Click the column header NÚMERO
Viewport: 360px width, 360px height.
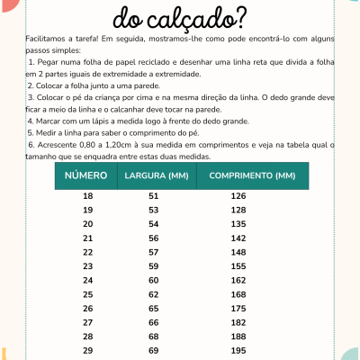pyautogui.click(x=87, y=175)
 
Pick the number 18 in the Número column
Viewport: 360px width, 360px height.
pyautogui.click(x=87, y=196)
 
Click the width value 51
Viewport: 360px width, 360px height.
pyautogui.click(x=153, y=196)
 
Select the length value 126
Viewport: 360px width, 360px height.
pyautogui.click(x=238, y=196)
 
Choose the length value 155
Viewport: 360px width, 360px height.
pyautogui.click(x=238, y=266)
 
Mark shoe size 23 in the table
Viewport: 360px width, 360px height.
pyautogui.click(x=87, y=266)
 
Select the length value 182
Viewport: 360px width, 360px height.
pyautogui.click(x=238, y=321)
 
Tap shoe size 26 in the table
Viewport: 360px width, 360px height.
pyautogui.click(x=87, y=308)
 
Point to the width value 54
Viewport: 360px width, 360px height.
pyautogui.click(x=153, y=224)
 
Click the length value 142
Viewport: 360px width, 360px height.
pyautogui.click(x=238, y=238)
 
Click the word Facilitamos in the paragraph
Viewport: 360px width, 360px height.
pyautogui.click(x=48, y=41)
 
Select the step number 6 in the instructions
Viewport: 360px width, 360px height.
pyautogui.click(x=31, y=143)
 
